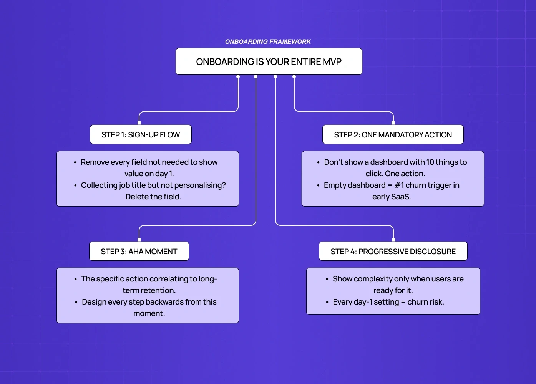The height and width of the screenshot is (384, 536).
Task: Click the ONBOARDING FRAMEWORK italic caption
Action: [268, 41]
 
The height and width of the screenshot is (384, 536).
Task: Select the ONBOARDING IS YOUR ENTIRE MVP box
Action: [269, 61]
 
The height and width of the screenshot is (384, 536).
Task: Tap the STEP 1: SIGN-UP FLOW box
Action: [141, 135]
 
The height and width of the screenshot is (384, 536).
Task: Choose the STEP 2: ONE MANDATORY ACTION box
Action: [393, 135]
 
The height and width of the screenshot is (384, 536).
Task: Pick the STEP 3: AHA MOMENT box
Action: [139, 252]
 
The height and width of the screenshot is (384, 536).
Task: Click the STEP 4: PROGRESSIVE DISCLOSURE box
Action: [393, 252]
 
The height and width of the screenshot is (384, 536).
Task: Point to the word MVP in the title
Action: [332, 62]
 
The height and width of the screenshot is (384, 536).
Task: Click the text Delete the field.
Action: [153, 197]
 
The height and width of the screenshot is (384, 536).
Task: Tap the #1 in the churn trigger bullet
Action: [399, 185]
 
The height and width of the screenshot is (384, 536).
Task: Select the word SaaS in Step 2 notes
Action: [401, 197]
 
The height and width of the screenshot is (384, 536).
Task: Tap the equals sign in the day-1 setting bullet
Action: [403, 302]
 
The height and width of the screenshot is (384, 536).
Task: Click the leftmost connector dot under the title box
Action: [238, 77]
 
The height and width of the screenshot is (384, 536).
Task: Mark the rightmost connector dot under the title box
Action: [294, 77]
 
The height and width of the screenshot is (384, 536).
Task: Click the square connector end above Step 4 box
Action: [393, 240]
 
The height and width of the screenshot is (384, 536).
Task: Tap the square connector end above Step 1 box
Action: [139, 123]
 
